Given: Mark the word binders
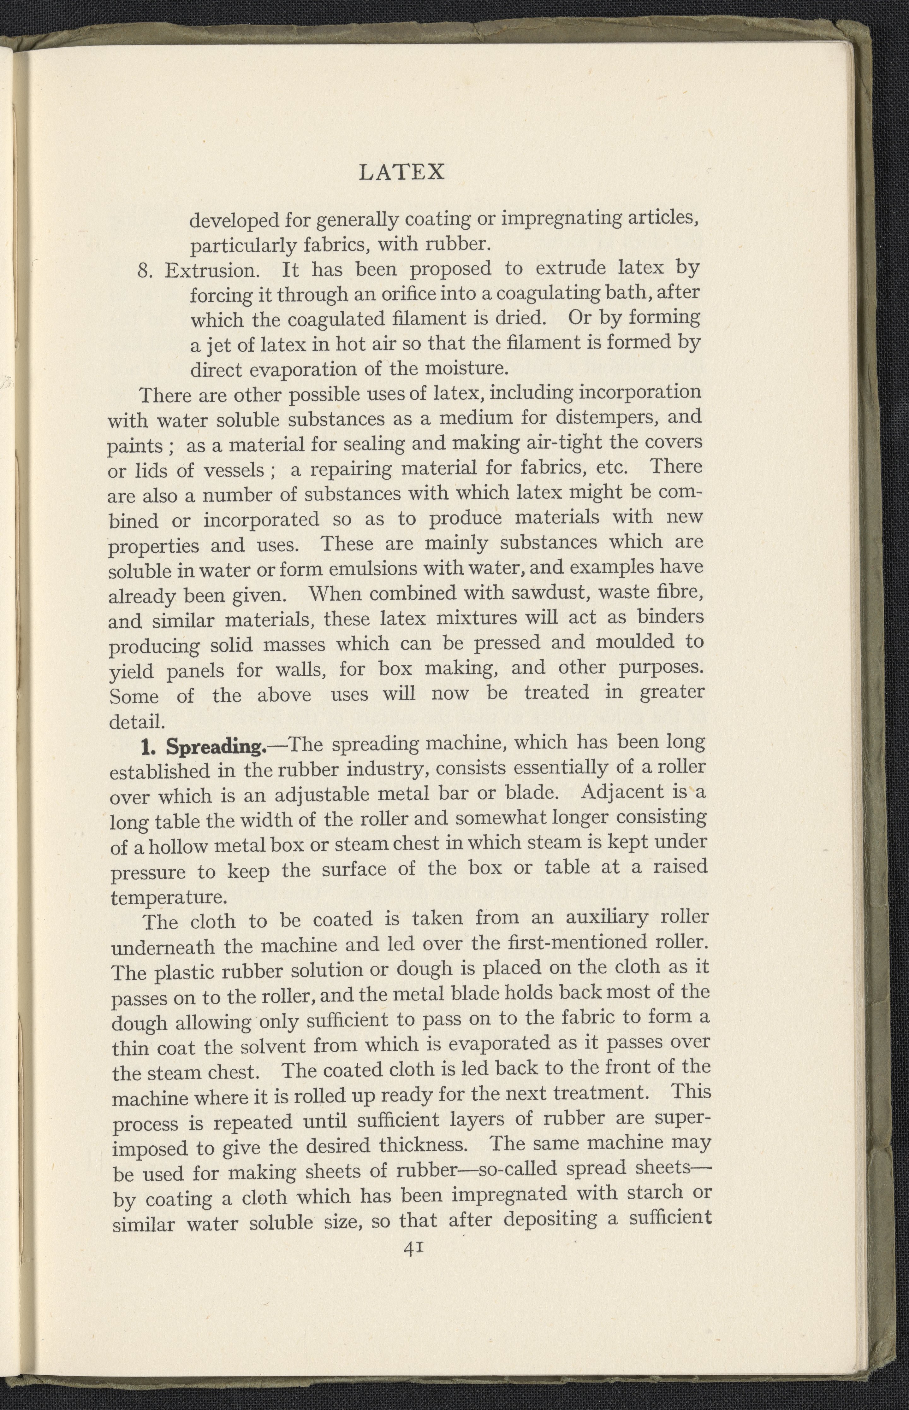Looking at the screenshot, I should (670, 616).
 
